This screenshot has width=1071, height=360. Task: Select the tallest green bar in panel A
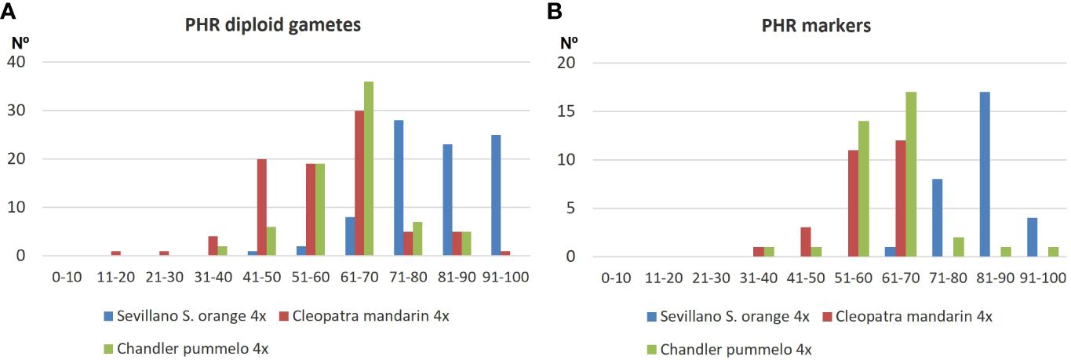click(368, 169)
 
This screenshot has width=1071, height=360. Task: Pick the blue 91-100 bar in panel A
click(495, 195)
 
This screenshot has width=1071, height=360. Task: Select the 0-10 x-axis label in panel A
click(64, 277)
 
